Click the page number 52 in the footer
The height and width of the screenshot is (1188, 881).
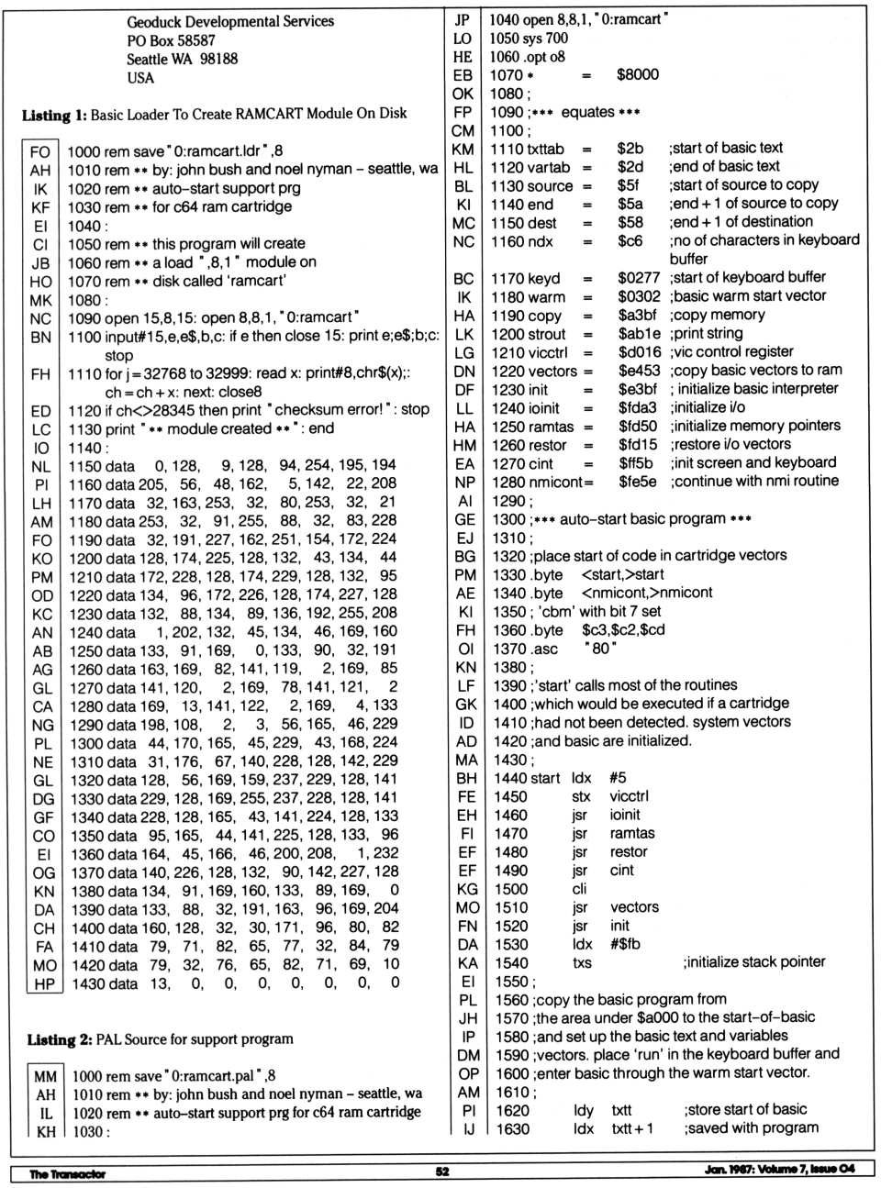click(442, 1171)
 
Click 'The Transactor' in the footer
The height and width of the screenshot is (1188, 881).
click(67, 1173)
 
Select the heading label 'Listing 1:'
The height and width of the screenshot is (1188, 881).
click(54, 114)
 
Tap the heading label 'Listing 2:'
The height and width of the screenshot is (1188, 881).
click(59, 1039)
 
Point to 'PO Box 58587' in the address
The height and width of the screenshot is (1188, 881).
click(172, 40)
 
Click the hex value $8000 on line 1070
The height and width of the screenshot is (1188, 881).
click(637, 74)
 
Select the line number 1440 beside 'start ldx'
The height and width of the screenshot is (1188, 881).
click(511, 778)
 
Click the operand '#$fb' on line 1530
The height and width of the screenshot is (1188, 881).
click(625, 944)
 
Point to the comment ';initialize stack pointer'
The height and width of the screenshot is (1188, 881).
click(753, 962)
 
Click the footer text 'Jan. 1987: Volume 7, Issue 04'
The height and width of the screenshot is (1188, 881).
click(779, 1169)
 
